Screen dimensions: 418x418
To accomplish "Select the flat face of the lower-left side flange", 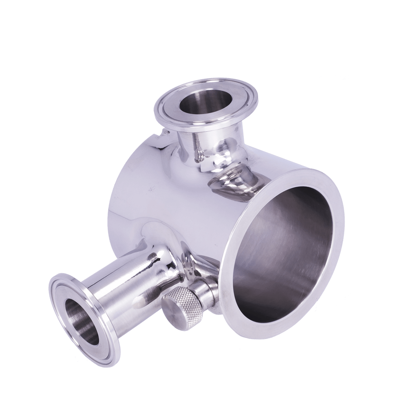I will (60, 300).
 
